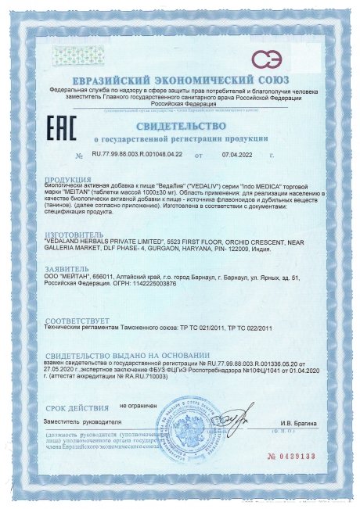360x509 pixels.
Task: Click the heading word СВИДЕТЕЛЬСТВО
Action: coord(180,125)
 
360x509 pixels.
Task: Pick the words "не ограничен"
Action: coord(138,407)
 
